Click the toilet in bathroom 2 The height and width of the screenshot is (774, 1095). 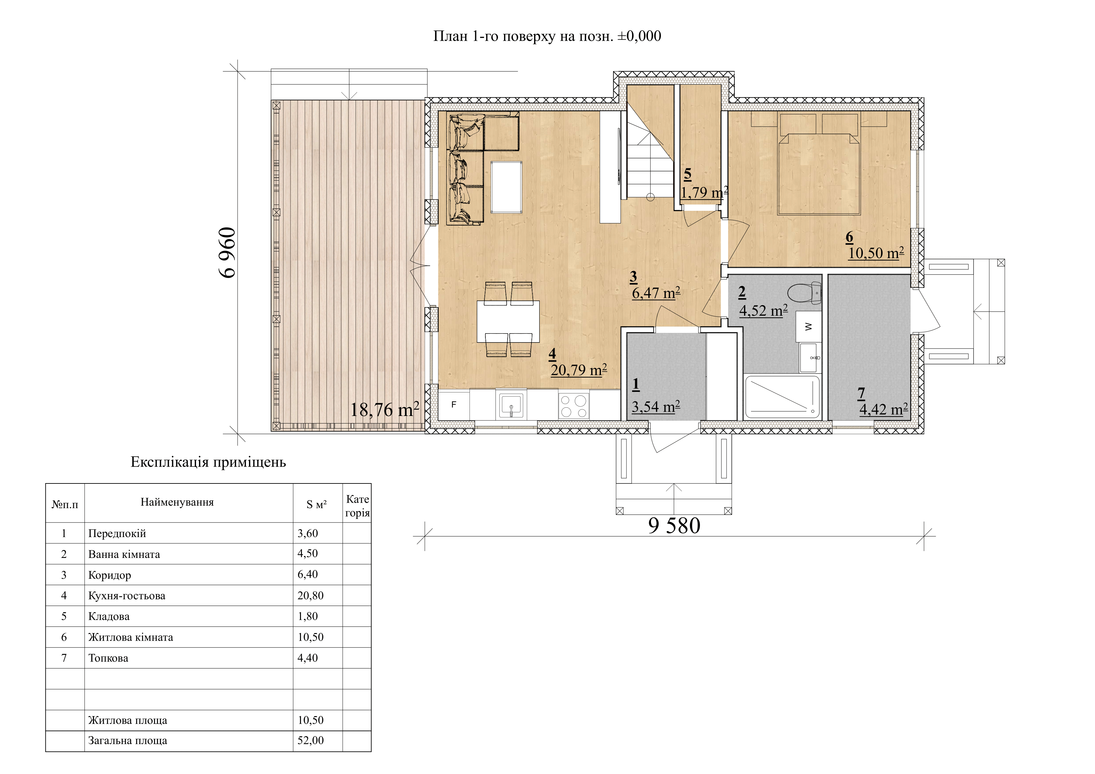tap(805, 293)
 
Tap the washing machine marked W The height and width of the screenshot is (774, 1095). tap(808, 327)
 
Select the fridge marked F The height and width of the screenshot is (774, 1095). tap(454, 405)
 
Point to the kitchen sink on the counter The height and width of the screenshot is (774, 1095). tap(511, 405)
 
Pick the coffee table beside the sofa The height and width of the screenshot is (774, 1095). tap(507, 187)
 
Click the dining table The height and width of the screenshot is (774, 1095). tap(508, 321)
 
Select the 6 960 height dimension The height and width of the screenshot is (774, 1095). tap(227, 252)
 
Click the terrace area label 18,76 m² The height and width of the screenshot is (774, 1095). tap(385, 409)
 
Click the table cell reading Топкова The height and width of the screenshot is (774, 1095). tap(108, 658)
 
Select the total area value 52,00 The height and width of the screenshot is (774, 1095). tap(311, 740)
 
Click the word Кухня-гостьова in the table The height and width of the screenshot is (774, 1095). tap(127, 596)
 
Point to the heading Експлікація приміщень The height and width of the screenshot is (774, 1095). tap(208, 462)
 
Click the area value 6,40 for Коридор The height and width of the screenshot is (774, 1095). tap(308, 574)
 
